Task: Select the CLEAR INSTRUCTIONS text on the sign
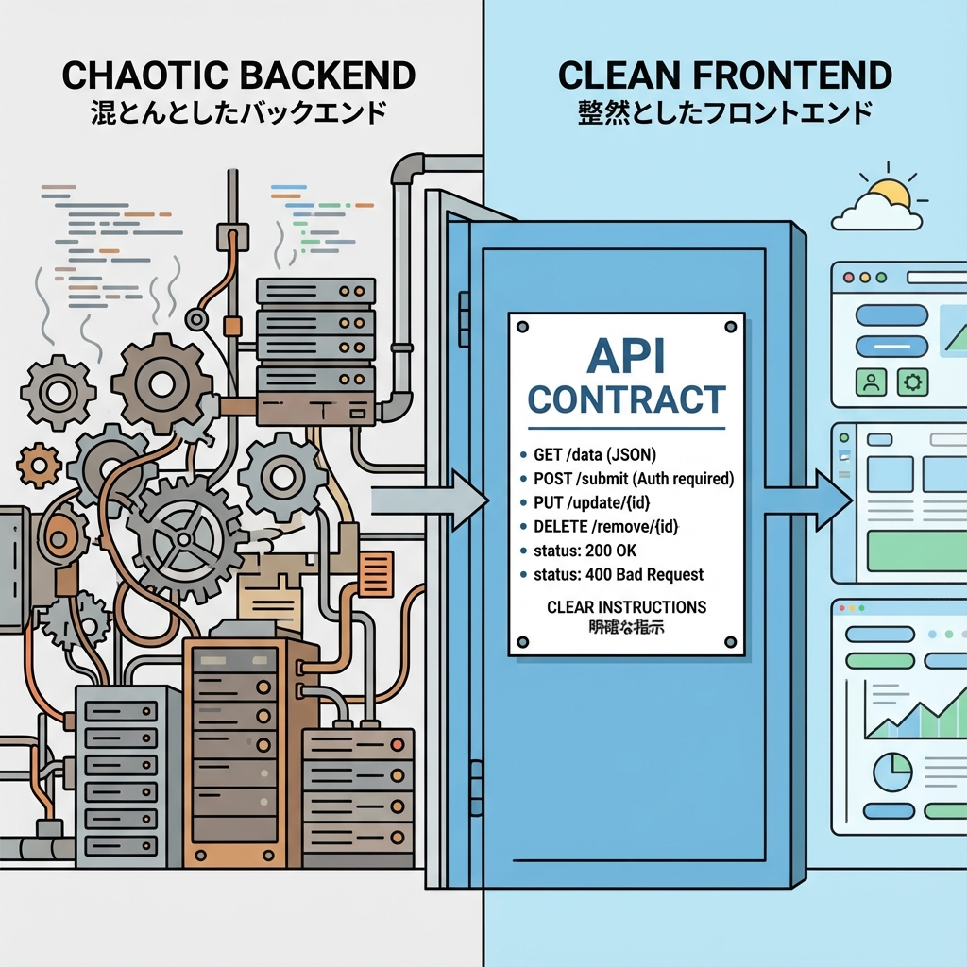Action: tap(626, 606)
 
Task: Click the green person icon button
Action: tap(869, 382)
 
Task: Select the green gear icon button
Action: tap(913, 382)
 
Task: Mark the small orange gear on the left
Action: tap(39, 465)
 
